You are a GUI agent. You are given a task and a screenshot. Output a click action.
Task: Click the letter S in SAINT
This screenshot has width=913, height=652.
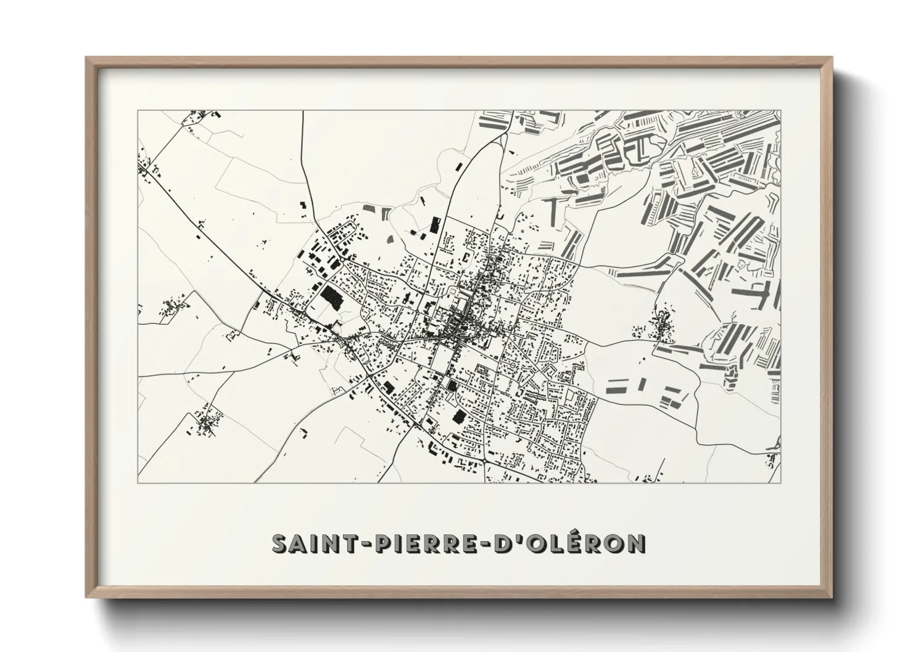tap(280, 544)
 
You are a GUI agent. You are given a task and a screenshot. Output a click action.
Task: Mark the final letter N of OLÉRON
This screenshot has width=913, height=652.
tap(635, 544)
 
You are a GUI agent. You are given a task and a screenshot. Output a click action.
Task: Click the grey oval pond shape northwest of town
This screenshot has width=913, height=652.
tap(389, 240)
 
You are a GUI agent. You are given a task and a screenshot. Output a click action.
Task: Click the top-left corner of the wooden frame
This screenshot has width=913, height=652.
tap(86, 58)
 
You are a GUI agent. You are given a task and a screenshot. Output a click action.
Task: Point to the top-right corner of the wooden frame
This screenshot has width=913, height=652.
tap(832, 58)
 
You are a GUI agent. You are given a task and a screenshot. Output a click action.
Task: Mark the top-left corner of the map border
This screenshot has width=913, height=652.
tap(138, 110)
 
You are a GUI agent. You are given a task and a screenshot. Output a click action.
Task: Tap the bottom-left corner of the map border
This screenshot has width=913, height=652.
tap(138, 483)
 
